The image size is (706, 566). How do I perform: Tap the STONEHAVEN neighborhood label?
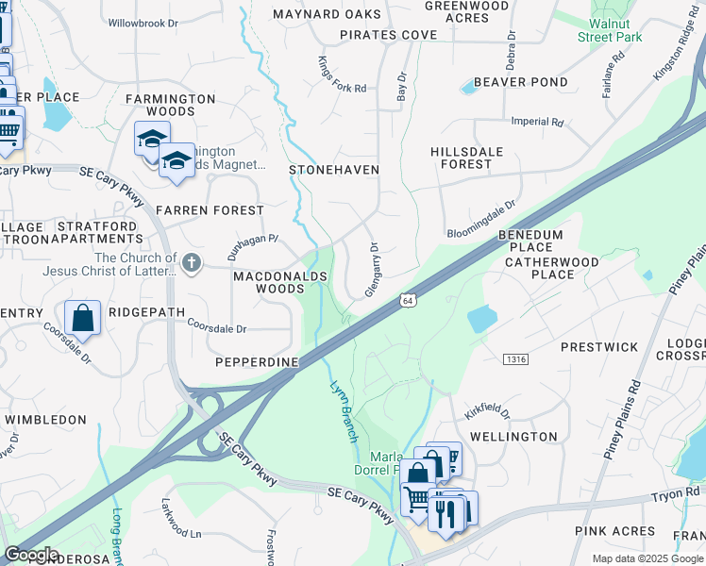tap(334, 170)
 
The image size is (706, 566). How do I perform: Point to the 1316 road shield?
tap(515, 358)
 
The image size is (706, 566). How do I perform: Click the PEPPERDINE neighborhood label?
tap(257, 362)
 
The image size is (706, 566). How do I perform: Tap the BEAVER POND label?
tap(521, 82)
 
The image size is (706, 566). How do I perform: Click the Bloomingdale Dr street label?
tap(482, 218)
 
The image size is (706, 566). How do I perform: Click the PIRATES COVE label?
tap(390, 35)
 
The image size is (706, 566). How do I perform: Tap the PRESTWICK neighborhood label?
tap(599, 347)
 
